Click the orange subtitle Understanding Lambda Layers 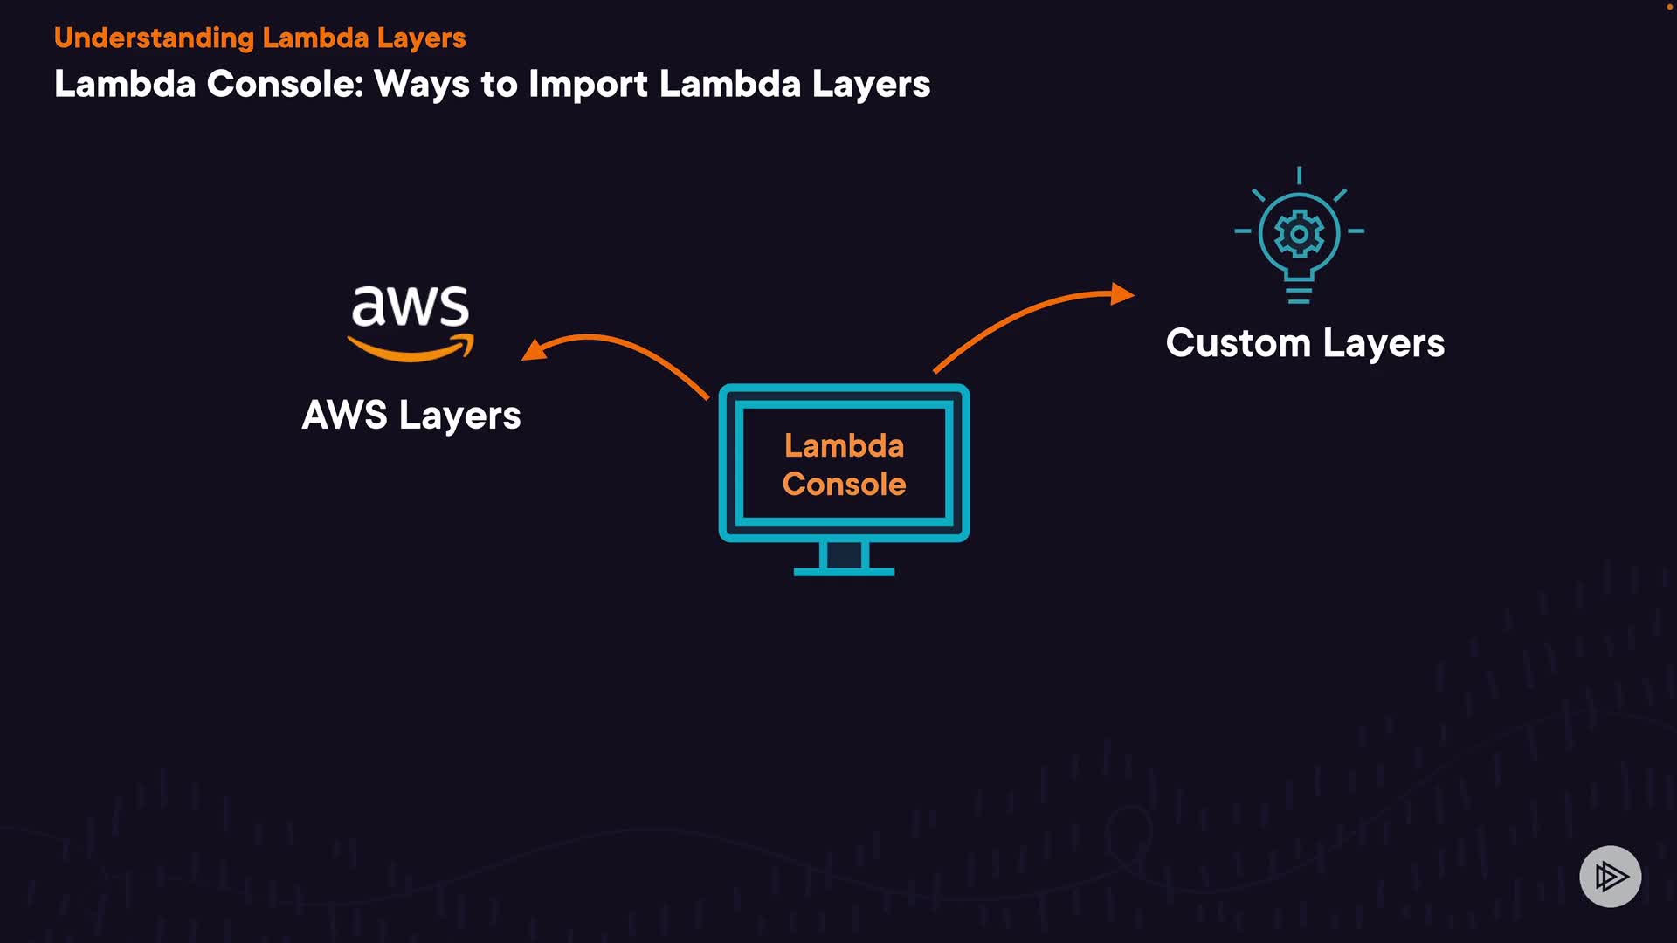click(259, 38)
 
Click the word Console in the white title click(285, 84)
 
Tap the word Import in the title click(588, 84)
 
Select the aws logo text click(410, 306)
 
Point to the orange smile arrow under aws click(411, 350)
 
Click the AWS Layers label click(411, 415)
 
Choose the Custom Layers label click(1305, 342)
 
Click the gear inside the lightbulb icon click(1299, 234)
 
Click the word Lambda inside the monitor click(844, 446)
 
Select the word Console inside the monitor click(844, 485)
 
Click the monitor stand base click(844, 571)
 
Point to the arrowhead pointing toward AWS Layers click(533, 350)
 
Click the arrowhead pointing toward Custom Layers click(1121, 293)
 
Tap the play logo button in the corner click(1610, 876)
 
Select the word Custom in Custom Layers click(1238, 342)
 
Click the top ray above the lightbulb click(1299, 176)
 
